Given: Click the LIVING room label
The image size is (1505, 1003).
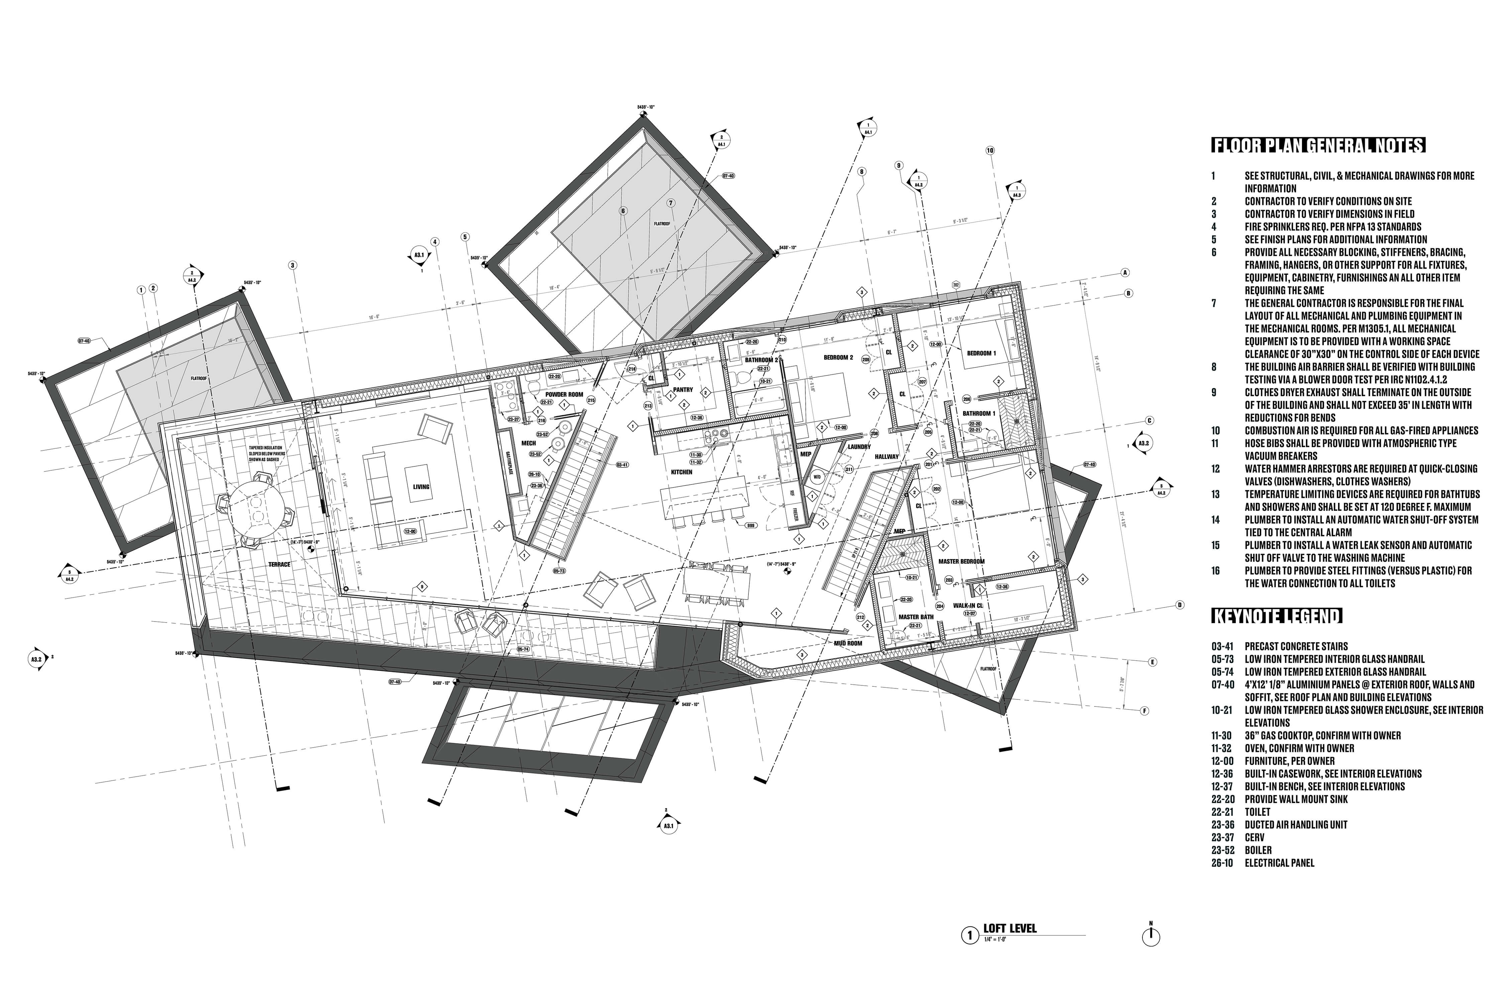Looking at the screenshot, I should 421,487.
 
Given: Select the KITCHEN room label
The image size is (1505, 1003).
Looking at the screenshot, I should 682,472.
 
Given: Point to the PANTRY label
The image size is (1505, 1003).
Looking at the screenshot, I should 683,389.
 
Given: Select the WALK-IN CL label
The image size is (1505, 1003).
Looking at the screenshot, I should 968,605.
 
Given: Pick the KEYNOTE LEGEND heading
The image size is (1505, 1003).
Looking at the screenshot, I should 1277,616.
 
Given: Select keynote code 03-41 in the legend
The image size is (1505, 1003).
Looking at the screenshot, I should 1222,646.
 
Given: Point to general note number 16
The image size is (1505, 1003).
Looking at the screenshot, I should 1215,571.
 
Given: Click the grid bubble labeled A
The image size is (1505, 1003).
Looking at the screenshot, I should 1124,272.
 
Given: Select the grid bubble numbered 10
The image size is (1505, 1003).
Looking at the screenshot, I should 990,151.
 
